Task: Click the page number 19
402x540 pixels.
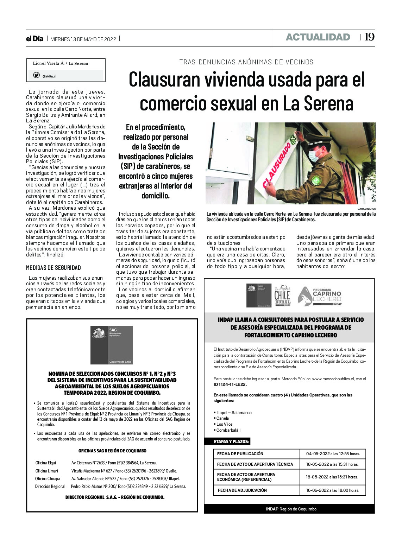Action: coord(369,37)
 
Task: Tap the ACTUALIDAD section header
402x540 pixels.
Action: coord(318,37)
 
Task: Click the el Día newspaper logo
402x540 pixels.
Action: coord(34,39)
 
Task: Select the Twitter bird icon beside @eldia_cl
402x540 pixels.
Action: coord(36,75)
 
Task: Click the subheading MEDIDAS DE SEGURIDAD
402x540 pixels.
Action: coord(54,268)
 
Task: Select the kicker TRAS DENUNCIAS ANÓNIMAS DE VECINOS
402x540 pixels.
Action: coord(246,62)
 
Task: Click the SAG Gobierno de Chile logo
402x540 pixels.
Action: coord(112,345)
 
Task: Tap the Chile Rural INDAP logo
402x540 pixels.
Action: coord(282,296)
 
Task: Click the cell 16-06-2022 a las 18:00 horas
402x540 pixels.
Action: coord(333,490)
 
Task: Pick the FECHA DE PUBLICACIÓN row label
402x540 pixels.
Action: coord(240,454)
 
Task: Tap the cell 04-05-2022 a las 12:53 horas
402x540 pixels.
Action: coord(333,454)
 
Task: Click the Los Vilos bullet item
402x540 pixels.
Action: coord(224,424)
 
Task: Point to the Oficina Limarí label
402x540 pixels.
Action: coord(47,471)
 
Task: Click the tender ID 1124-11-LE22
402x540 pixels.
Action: coord(230,385)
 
